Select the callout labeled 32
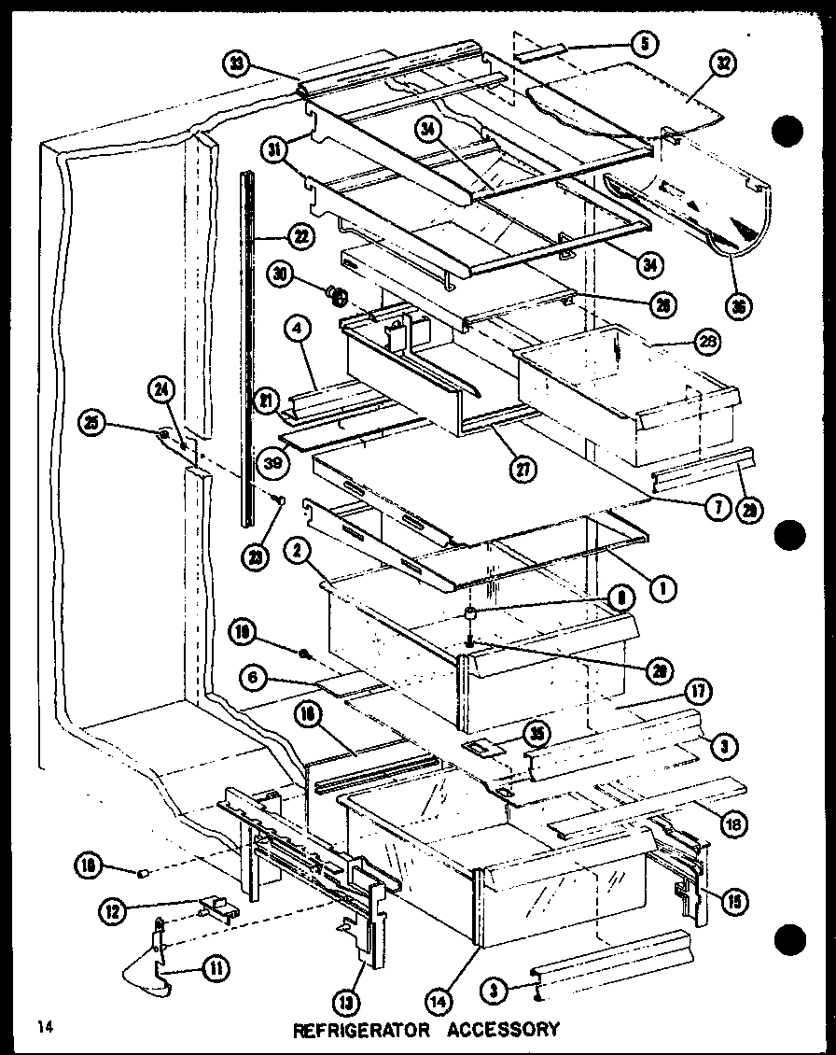click(724, 64)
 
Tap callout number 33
click(237, 64)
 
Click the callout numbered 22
click(300, 237)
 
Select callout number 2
click(297, 552)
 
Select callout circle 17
click(700, 692)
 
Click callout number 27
click(523, 471)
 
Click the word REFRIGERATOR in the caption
click(362, 1030)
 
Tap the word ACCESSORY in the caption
click(503, 1030)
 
